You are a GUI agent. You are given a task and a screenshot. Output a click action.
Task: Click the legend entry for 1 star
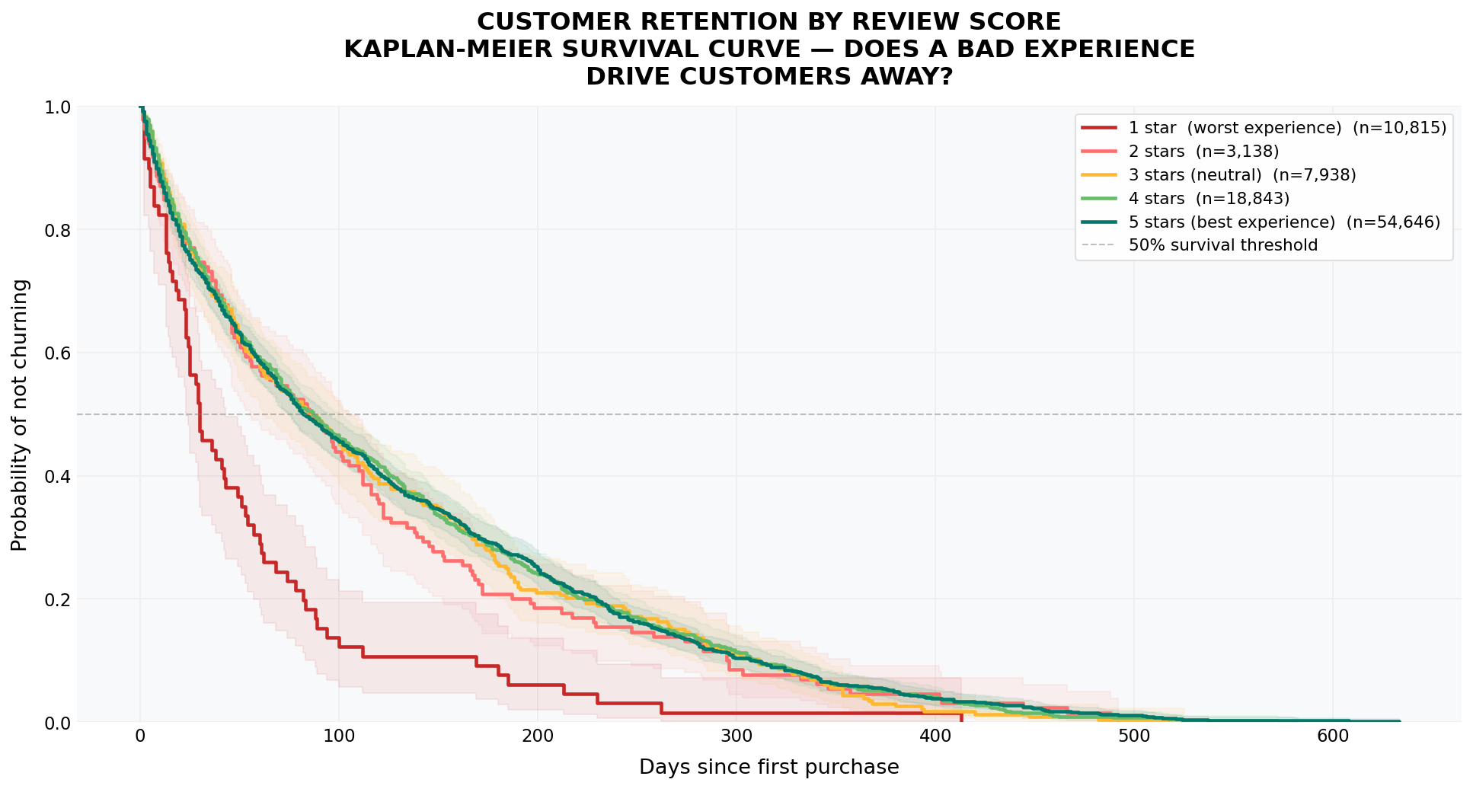point(1234,128)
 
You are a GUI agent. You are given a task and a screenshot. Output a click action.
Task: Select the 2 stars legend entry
point(1203,152)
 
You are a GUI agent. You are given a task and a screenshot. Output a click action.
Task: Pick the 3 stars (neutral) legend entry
point(1241,175)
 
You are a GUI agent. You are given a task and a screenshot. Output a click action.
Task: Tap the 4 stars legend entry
point(1208,199)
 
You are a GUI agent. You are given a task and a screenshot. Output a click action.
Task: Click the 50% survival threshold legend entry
point(1222,245)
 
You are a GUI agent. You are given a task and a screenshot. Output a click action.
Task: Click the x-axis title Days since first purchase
point(768,767)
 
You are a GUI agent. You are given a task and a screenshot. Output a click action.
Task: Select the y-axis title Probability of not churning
point(20,415)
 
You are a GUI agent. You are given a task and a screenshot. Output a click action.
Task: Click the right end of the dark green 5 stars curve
point(1399,720)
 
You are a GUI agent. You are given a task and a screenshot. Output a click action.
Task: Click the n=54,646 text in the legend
point(1393,222)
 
